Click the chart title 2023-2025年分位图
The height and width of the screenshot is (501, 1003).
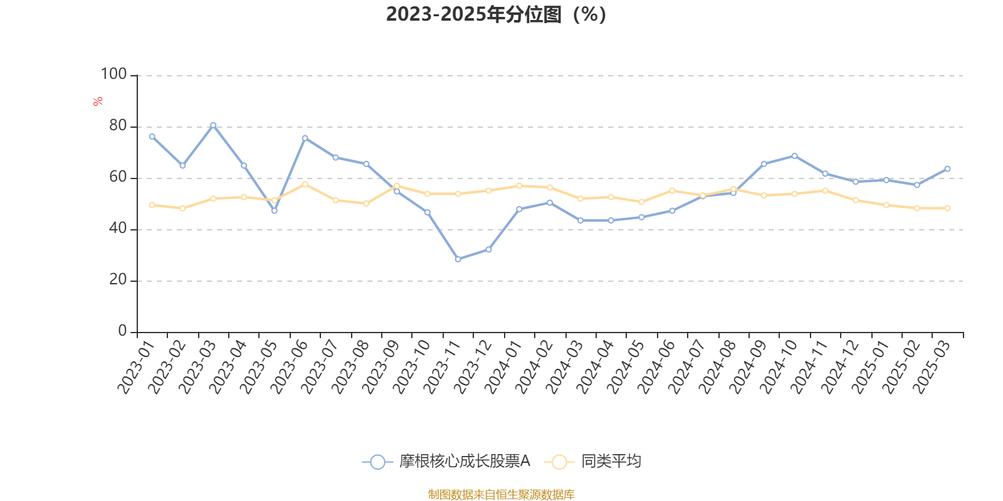coord(496,14)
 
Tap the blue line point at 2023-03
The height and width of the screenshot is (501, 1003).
coord(213,125)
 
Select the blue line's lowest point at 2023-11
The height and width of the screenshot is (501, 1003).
coord(458,259)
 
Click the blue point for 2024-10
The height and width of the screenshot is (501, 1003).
coord(794,155)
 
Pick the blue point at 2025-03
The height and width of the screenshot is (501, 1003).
coord(947,168)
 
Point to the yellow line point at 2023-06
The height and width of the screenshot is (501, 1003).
coord(305,184)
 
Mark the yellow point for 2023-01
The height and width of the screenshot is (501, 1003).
coord(152,205)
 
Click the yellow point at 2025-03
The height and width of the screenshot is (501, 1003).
coord(947,208)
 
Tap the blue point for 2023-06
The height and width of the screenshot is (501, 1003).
coord(305,138)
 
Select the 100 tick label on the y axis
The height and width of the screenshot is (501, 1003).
coord(113,75)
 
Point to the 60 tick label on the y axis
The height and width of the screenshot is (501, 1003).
coord(117,177)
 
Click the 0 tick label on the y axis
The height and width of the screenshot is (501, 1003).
coord(122,331)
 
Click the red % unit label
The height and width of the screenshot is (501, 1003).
coord(98,101)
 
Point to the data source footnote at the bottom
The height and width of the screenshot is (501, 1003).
coord(501,495)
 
